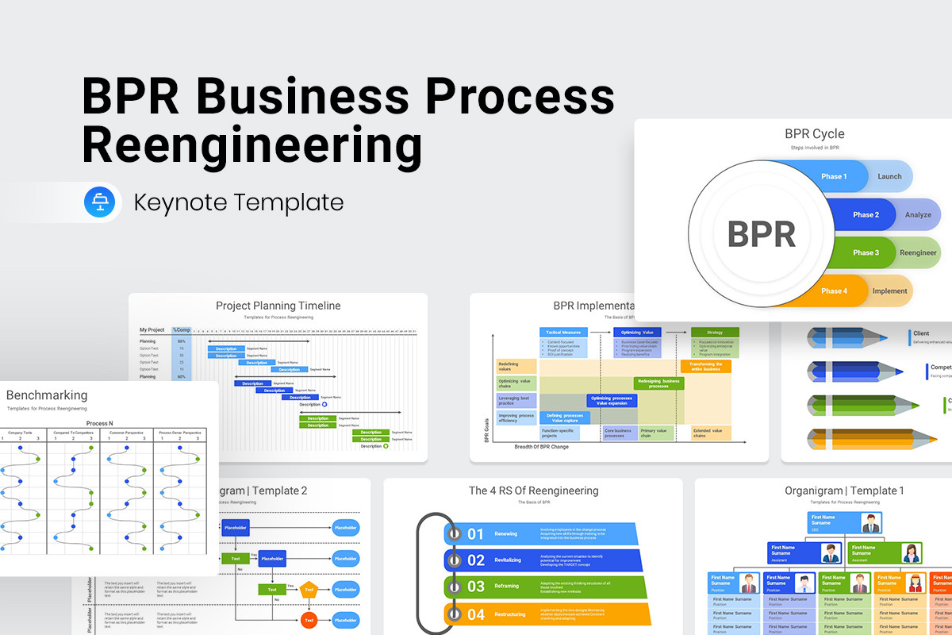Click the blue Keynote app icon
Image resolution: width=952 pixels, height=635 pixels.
[x=100, y=202]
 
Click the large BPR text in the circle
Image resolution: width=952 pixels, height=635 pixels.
[x=761, y=234]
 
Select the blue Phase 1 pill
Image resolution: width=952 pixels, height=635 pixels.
[x=833, y=176]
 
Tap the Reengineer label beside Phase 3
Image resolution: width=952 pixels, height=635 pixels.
[x=917, y=252]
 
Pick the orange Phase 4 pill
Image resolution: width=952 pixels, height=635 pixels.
[x=833, y=291]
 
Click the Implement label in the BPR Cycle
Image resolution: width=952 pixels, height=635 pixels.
[x=889, y=291]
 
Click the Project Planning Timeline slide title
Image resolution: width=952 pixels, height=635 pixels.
[x=278, y=306]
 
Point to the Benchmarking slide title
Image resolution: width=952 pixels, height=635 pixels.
[x=47, y=395]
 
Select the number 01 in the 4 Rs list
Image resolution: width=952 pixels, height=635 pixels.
[x=475, y=534]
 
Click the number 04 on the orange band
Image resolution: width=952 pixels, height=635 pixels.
[x=475, y=614]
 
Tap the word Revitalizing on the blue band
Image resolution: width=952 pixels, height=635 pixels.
[x=508, y=560]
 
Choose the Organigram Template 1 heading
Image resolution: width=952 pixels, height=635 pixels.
[x=844, y=491]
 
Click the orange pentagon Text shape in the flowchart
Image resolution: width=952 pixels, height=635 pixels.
[x=309, y=590]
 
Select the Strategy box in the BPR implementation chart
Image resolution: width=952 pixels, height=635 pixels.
[x=714, y=332]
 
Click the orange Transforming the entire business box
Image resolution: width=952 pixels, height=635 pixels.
[x=705, y=366]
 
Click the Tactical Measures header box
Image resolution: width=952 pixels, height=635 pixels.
[x=563, y=332]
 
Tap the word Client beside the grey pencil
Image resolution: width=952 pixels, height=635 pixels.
[x=921, y=333]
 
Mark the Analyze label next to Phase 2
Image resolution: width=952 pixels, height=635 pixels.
[x=918, y=214]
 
